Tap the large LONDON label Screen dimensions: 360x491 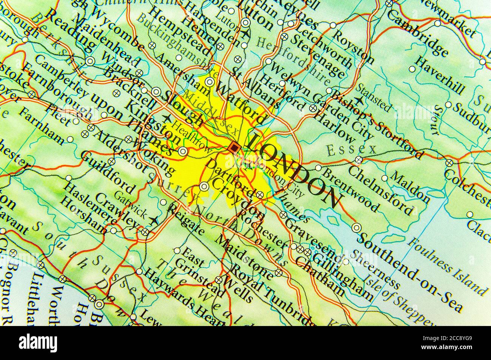pyautogui.click(x=293, y=170)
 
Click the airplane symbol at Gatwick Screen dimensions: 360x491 pyautogui.click(x=154, y=220)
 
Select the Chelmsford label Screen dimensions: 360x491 pyautogui.click(x=379, y=189)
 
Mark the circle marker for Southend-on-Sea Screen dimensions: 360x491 pyautogui.click(x=357, y=227)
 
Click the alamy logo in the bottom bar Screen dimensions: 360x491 pyautogui.click(x=38, y=343)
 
